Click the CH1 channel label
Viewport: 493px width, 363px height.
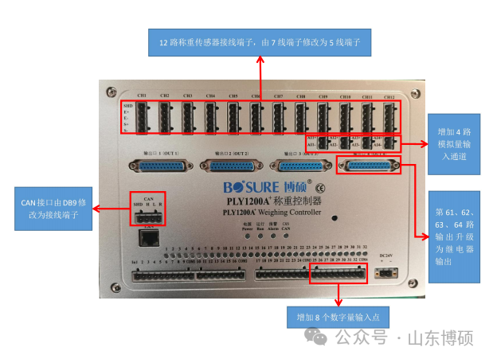tap(142, 96)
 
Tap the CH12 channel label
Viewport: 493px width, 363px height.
tap(389, 96)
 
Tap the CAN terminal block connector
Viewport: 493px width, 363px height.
tap(148, 216)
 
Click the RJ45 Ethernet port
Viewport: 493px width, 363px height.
tap(147, 236)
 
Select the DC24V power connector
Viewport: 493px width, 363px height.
tap(388, 272)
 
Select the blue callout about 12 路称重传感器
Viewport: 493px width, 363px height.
tap(260, 41)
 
